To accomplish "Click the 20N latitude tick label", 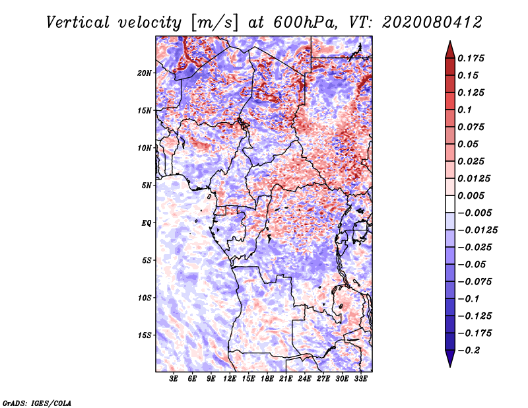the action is (x=145, y=73).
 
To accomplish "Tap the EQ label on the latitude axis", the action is (x=147, y=223).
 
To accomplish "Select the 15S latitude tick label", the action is (x=145, y=335).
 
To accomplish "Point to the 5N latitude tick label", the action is (x=147, y=186).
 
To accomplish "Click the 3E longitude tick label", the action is (x=174, y=379).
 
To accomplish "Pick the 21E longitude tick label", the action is (x=286, y=379).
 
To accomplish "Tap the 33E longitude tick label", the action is (x=360, y=379).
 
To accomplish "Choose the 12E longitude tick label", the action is (x=230, y=379).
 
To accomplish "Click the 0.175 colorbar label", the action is (x=471, y=58).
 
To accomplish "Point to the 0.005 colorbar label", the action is (x=471, y=195).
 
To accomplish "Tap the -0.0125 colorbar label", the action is (x=477, y=230).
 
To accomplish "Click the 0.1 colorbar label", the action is (x=465, y=110).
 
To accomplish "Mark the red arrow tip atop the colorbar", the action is (x=450, y=42).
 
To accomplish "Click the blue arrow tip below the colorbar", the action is (x=450, y=366).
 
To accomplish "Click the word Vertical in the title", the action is (x=78, y=22).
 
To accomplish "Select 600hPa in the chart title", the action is (x=306, y=22).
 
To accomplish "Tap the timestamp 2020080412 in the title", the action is (x=432, y=22).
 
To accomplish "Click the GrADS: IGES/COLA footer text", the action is (x=37, y=403).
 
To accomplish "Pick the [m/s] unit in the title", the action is (x=214, y=22).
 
